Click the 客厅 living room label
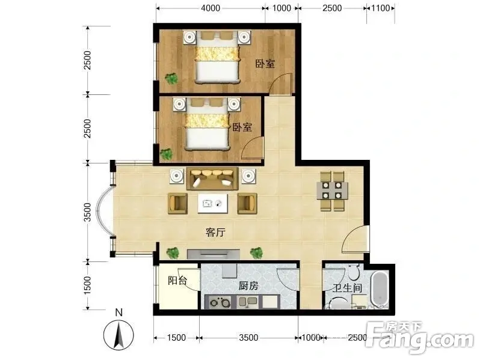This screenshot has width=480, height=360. tap(215, 233)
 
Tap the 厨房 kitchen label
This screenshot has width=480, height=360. tap(248, 285)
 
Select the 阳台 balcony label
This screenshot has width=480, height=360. tap(177, 281)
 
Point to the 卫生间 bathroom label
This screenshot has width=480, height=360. tap(348, 288)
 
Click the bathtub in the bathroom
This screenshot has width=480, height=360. tap(380, 289)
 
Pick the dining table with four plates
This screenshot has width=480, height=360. tap(332, 191)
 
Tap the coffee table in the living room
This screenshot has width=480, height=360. tap(213, 203)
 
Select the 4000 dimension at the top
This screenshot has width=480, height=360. tap(211, 8)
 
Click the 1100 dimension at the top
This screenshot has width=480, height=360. tap(381, 8)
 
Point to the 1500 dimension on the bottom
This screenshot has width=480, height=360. tap(177, 338)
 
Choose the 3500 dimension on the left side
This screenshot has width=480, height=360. tap(88, 212)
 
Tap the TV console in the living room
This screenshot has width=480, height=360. tap(214, 254)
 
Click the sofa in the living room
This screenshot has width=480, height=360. tap(212, 178)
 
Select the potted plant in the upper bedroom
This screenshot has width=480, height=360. tap(171, 79)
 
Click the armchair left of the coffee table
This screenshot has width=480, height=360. tap(177, 204)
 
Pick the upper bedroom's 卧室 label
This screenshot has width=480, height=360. tap(265, 64)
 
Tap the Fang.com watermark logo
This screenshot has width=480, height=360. tap(419, 338)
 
